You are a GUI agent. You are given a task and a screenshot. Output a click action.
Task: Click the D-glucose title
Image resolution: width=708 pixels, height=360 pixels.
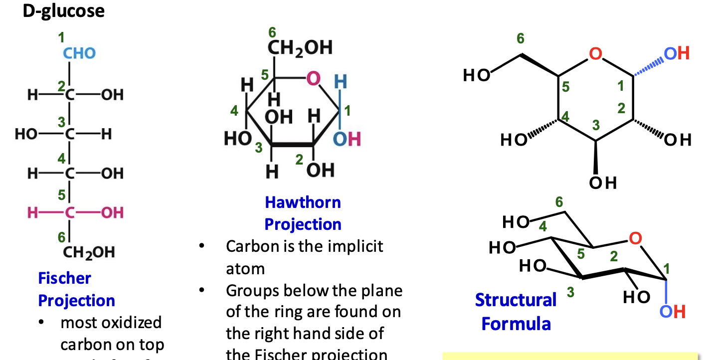tap(63, 11)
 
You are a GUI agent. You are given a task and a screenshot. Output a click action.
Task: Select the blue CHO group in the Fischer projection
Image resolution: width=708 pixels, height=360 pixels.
tap(79, 53)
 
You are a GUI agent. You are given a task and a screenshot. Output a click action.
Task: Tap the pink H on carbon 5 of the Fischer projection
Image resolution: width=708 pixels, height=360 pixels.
tap(32, 213)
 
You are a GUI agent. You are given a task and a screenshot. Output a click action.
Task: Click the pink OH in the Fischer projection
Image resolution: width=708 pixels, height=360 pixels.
tap(112, 213)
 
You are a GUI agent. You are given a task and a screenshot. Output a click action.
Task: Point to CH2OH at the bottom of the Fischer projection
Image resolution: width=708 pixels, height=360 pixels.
tap(89, 252)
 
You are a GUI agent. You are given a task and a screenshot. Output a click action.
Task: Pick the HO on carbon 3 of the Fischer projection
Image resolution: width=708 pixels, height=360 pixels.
tap(25, 134)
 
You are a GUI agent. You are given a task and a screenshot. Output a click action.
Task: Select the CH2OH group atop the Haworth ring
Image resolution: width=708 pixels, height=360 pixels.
tap(300, 48)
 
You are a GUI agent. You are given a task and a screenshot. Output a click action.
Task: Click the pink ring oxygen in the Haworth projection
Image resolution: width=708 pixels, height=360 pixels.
tap(313, 79)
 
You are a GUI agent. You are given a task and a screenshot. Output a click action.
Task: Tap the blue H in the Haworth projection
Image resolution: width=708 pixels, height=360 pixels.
tap(340, 81)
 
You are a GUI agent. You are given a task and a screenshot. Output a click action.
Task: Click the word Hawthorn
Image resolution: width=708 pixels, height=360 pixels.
tap(303, 202)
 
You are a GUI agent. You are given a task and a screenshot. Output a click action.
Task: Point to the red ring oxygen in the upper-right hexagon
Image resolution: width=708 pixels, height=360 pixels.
tap(595, 53)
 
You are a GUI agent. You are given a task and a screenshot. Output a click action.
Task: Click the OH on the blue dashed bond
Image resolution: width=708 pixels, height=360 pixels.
tap(677, 53)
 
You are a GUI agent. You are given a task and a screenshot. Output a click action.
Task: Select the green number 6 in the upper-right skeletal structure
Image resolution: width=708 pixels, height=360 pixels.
tap(521, 38)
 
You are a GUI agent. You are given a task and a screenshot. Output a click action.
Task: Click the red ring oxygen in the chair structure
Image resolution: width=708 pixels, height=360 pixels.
tap(634, 238)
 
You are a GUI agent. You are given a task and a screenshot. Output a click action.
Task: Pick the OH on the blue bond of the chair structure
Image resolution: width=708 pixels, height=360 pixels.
tap(673, 312)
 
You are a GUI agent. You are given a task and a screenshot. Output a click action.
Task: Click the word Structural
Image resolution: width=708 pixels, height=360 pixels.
tap(516, 300)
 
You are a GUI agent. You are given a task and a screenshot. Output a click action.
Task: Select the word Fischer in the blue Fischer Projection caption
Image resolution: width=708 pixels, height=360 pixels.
tap(64, 278)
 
